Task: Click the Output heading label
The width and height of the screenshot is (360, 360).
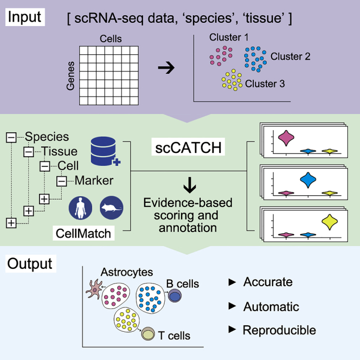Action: click(x=30, y=264)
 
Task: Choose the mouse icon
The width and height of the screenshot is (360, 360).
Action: click(x=112, y=207)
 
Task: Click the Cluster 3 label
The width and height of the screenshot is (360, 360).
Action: click(x=264, y=83)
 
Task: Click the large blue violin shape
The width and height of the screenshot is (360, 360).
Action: click(x=307, y=179)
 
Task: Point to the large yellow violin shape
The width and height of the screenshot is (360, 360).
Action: click(x=328, y=221)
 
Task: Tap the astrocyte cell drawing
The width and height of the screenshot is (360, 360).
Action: click(x=93, y=292)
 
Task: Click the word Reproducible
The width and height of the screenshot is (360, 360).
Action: click(x=279, y=330)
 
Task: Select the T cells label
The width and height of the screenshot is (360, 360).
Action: click(x=174, y=336)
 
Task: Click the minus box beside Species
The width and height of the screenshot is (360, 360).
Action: click(x=11, y=138)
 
